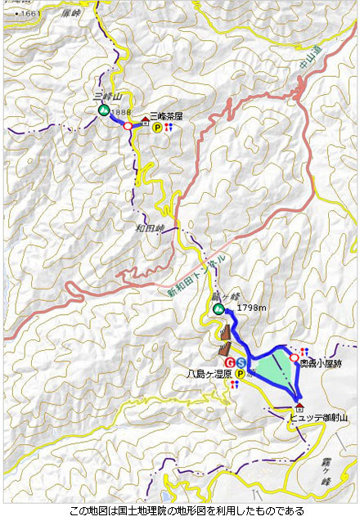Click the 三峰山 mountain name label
point(106,97)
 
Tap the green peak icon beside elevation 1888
point(104,110)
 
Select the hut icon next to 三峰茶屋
point(146,124)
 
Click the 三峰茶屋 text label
point(167,117)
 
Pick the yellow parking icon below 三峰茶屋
point(157,128)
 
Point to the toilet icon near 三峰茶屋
point(169,128)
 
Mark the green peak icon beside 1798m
point(218,308)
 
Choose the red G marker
point(231,362)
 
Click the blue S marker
point(241,362)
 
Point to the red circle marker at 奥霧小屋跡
point(294,357)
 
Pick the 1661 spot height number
point(30,14)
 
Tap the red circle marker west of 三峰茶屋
point(127,126)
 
